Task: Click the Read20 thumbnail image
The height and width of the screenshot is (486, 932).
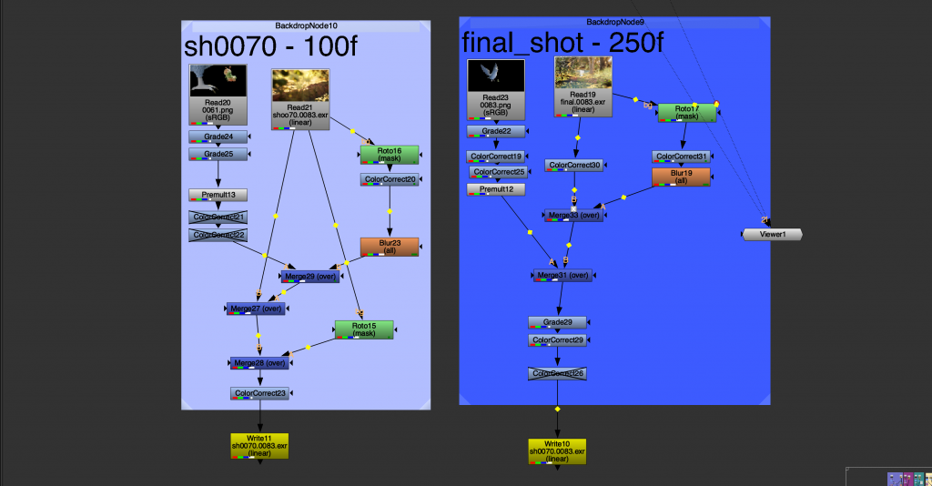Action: [x=218, y=80]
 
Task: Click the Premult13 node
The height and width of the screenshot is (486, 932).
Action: [x=218, y=195]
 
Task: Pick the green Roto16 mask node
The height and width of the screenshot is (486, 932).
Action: [x=389, y=155]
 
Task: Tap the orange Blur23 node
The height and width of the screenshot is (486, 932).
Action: [x=389, y=247]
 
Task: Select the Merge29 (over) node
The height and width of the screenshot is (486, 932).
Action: [x=309, y=276]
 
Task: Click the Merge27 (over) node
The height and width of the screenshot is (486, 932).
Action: [x=256, y=309]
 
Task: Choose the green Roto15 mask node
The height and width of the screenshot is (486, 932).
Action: [x=363, y=329]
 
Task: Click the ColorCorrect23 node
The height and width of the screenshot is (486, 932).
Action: [x=259, y=394]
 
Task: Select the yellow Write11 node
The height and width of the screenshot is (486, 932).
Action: [x=259, y=446]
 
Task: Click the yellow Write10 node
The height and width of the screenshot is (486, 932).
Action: [x=557, y=451]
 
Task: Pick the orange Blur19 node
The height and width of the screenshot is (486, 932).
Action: [x=681, y=177]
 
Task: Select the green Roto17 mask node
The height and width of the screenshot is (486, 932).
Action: [x=686, y=112]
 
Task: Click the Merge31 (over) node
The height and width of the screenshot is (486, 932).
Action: [x=562, y=276]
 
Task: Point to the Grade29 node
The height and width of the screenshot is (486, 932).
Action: [x=557, y=322]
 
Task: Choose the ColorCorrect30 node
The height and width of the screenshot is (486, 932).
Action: [x=575, y=166]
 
